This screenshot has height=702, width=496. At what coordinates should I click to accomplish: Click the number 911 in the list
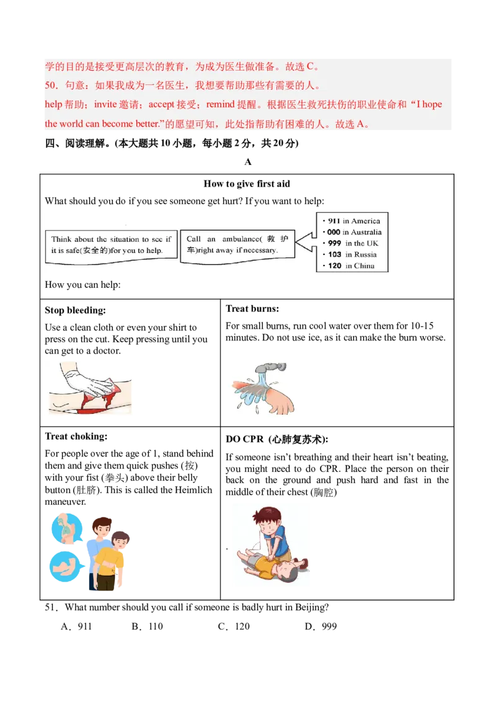[x=334, y=221]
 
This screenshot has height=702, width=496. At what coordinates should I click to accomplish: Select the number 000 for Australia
[x=334, y=232]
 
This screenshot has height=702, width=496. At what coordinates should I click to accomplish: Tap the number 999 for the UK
[x=335, y=243]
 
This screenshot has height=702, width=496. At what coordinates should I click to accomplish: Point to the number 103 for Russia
[x=335, y=254]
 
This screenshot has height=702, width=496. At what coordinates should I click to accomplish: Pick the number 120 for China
[x=335, y=266]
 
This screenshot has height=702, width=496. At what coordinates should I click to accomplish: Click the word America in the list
[x=366, y=221]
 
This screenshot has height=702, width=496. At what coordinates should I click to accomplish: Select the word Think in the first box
[x=61, y=239]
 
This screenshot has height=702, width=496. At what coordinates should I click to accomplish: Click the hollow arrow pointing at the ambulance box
[x=304, y=242]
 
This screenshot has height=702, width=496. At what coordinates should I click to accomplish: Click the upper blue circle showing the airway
[x=67, y=526]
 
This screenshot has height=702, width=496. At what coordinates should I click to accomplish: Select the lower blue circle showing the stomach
[x=64, y=566]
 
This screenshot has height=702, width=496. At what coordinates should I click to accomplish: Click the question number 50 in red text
[x=50, y=85]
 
